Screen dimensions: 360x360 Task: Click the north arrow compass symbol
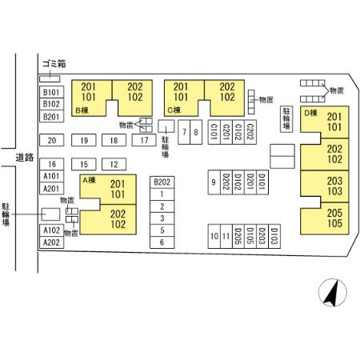[333, 293]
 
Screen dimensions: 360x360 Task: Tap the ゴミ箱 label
[54, 64]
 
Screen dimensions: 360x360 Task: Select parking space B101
[52, 92]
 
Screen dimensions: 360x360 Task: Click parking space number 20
[52, 140]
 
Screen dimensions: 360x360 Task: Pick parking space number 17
[144, 140]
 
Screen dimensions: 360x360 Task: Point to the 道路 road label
[25, 158]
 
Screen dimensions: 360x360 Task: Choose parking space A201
[52, 189]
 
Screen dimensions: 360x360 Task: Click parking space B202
[162, 182]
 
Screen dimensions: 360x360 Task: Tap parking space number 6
[162, 242]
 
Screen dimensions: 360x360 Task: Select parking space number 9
[214, 182]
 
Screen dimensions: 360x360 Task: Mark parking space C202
[250, 132]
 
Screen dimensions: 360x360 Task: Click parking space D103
[274, 236]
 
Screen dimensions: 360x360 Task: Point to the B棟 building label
[82, 110]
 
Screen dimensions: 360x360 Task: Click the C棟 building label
[174, 110]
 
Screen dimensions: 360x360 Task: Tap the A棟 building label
[90, 180]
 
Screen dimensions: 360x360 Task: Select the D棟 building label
[311, 113]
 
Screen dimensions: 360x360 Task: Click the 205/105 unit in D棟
[325, 218]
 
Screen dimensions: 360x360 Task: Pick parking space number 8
[196, 132]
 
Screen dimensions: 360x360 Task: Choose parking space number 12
[114, 164]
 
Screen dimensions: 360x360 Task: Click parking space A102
[52, 230]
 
